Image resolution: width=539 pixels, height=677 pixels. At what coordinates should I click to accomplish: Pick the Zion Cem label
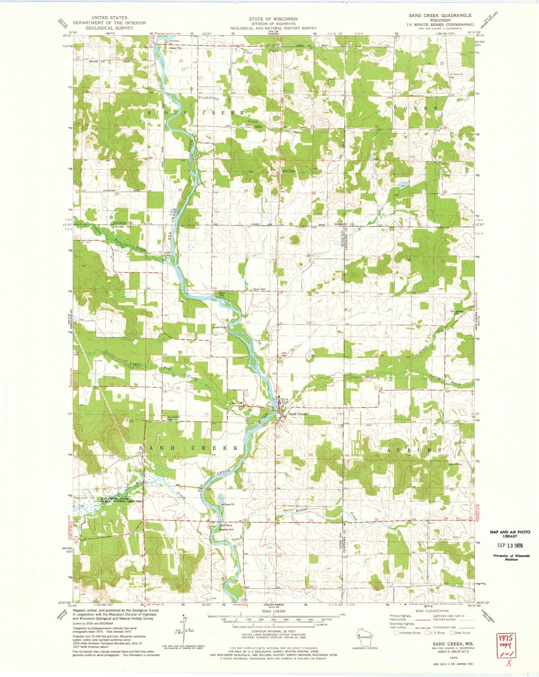284,353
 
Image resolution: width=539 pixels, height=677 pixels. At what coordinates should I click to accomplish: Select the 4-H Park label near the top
174,41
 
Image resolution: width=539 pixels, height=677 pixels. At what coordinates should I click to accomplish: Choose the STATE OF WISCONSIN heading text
273,19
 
